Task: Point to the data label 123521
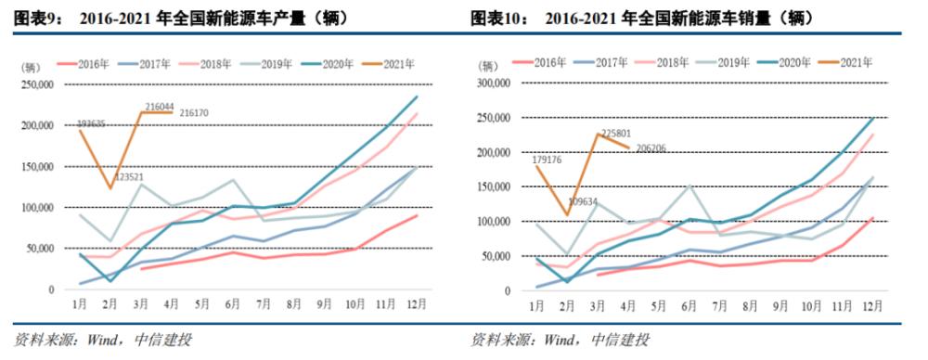130,177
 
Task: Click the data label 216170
195,112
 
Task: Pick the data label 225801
616,134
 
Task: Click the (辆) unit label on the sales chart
490,67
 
